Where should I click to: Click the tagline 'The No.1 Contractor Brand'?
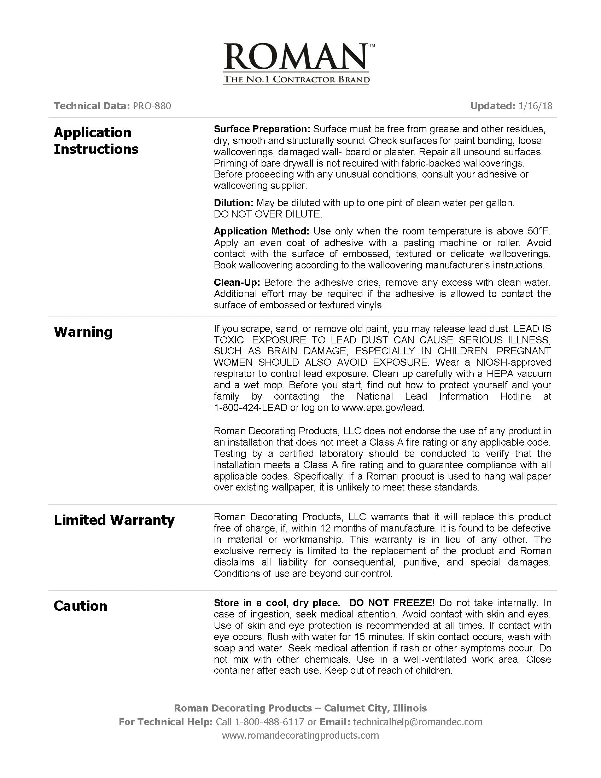click(x=296, y=79)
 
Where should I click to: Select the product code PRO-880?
click(x=152, y=106)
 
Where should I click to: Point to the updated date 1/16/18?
click(x=536, y=106)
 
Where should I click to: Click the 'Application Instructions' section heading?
click(x=96, y=141)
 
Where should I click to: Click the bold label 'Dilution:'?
click(x=234, y=203)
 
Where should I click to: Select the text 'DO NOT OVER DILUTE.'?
click(x=268, y=214)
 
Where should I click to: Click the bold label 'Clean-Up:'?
click(x=237, y=283)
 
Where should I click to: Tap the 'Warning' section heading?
click(x=83, y=332)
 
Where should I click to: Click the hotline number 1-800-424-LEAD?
click(x=250, y=408)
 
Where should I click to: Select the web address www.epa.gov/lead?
click(x=383, y=408)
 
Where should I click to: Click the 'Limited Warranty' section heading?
click(x=114, y=520)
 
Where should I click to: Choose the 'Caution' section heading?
click(x=81, y=606)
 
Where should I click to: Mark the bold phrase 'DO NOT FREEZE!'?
click(x=392, y=603)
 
